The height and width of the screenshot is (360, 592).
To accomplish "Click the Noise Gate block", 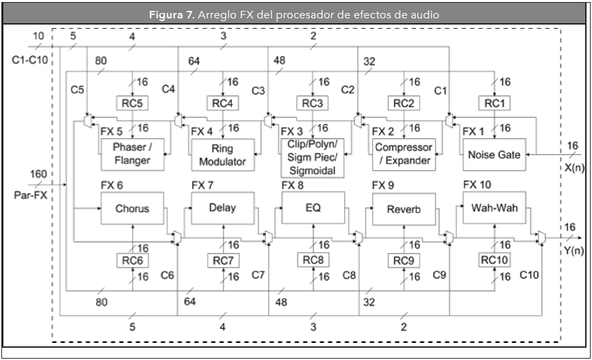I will [x=494, y=155].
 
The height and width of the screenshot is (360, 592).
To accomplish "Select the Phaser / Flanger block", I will [x=132, y=155].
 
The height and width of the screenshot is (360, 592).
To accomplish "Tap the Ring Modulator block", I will [x=222, y=156].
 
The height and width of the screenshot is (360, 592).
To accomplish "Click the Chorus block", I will [x=132, y=209].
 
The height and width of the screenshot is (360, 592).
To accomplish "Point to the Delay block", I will [x=222, y=207].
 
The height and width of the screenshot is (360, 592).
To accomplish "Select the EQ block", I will [x=313, y=207].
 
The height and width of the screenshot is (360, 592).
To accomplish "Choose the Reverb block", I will [x=404, y=209].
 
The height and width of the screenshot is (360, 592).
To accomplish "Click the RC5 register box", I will [x=132, y=103].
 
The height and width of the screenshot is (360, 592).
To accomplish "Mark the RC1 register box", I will [x=494, y=103].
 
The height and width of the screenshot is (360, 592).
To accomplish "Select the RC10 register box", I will [x=494, y=260].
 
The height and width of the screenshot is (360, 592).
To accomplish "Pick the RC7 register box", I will [x=222, y=260].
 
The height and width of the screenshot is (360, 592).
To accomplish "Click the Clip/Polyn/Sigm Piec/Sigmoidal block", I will [x=313, y=156].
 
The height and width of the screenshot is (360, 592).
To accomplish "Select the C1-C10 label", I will [x=30, y=59].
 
